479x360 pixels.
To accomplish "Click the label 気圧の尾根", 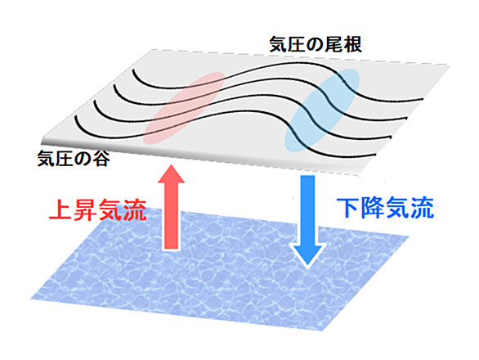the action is pos(316,45).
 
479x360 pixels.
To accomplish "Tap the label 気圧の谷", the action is pos(74,159).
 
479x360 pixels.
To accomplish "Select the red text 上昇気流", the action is pos(97,209).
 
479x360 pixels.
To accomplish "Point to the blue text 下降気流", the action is pos(385,209).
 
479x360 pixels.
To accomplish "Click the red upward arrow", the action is pos(171,207).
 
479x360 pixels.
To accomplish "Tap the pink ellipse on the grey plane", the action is pos(184,108).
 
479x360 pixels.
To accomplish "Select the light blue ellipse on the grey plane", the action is pos(322,110).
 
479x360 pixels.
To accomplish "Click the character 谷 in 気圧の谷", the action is pos(101,159).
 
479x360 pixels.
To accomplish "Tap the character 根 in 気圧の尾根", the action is pos(353,45).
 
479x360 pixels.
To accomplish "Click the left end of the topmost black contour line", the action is pos(133,70).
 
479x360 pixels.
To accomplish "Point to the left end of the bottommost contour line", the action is pos(75,116).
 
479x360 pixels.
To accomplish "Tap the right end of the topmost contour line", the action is pos(423,99).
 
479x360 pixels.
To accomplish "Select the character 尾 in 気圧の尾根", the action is pos(334,45).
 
